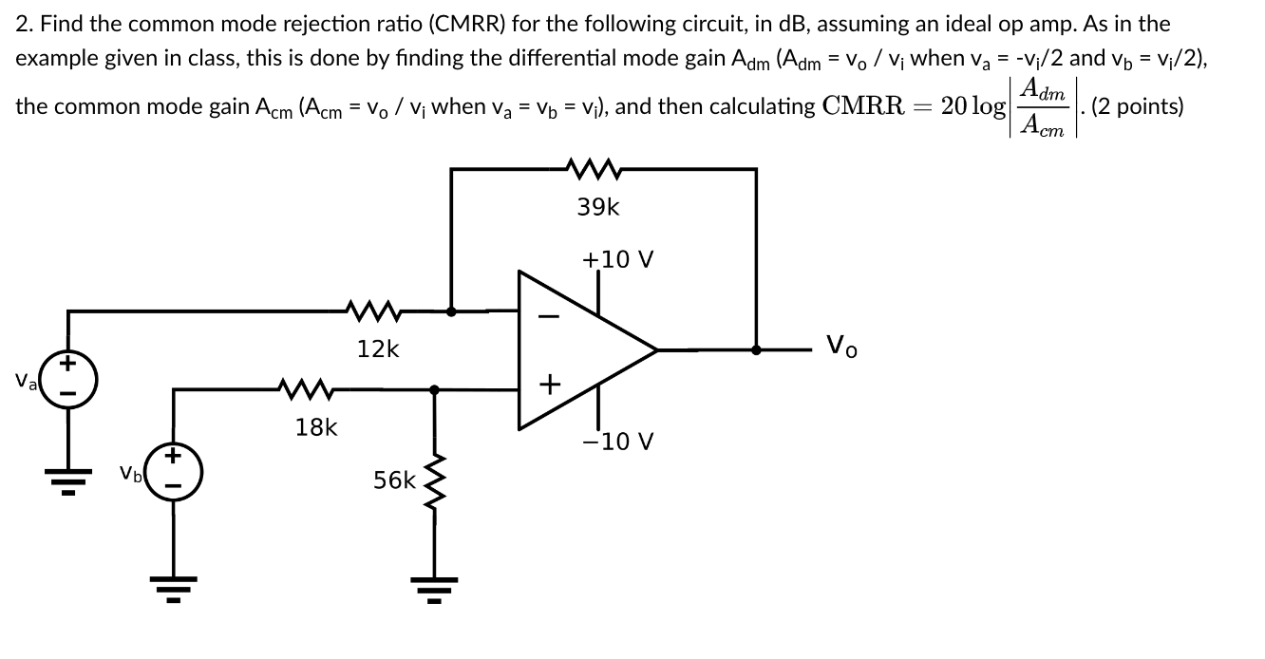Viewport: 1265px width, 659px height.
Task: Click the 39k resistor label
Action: (x=597, y=207)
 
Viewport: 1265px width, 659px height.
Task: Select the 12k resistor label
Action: (x=378, y=348)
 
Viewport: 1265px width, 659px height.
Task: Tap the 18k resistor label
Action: (x=315, y=427)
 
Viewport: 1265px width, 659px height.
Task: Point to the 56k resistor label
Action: (x=394, y=480)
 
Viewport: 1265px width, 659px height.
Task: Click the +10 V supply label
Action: (x=617, y=259)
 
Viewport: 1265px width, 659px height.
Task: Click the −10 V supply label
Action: (x=618, y=442)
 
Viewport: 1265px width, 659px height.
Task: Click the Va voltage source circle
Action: (x=67, y=380)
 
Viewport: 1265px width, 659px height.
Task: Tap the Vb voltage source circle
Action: (x=174, y=471)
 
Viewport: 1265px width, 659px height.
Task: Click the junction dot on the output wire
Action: (x=756, y=349)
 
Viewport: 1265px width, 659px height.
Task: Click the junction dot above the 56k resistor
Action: (x=435, y=388)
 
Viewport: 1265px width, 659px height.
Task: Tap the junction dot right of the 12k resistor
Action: (x=450, y=310)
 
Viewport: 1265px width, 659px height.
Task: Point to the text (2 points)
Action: (x=1138, y=105)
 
